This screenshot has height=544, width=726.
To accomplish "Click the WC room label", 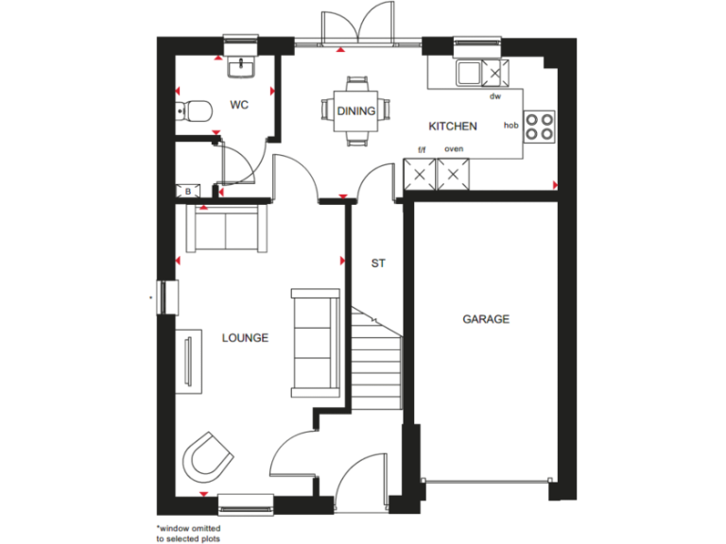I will [238, 105].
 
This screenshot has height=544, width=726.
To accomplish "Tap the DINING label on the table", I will [356, 110].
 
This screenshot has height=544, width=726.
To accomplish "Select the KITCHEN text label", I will [453, 126].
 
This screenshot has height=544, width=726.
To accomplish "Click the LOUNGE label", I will [245, 337].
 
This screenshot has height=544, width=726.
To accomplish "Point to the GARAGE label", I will [486, 319].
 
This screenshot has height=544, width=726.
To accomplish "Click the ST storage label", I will [378, 263].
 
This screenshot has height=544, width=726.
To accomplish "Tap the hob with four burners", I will [539, 126].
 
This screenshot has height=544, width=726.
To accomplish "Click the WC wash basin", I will [241, 66].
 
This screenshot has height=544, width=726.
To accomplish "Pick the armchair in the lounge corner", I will [207, 458].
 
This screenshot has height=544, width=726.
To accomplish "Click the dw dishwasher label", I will [494, 96].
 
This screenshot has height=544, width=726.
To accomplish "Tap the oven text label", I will [454, 149].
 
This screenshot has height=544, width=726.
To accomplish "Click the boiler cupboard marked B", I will [187, 191].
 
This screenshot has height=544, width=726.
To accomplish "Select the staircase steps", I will [375, 354].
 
